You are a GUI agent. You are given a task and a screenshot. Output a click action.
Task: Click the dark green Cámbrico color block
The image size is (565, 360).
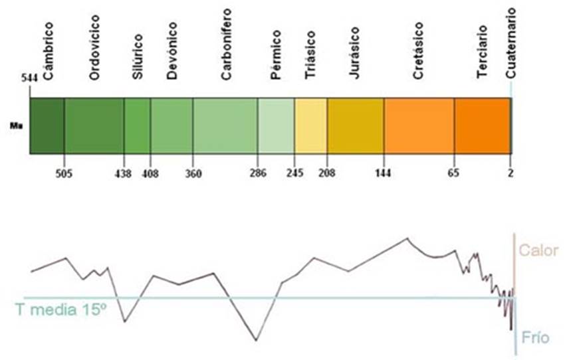click(47, 126)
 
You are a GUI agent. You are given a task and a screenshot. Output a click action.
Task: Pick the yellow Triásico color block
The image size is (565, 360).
click(310, 126)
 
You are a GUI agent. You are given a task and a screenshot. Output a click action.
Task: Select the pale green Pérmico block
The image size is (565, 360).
click(276, 126)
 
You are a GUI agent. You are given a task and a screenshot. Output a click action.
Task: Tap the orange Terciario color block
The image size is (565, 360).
click(482, 126)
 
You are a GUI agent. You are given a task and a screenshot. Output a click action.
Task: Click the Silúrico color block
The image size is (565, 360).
click(137, 126)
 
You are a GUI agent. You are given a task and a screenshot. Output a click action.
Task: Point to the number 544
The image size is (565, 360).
click(29, 78)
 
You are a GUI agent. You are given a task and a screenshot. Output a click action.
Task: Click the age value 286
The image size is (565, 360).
click(257, 173)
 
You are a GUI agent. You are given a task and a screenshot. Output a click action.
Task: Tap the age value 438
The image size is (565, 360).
click(124, 173)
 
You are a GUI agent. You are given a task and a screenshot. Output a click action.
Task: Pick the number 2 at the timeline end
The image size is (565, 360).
click(510, 173)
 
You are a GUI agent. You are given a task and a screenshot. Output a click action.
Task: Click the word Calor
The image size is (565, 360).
click(538, 251)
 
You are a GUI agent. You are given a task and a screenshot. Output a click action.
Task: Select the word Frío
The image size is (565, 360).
click(536, 337)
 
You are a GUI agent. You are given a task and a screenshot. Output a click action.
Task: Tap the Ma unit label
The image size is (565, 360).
click(13, 124)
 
